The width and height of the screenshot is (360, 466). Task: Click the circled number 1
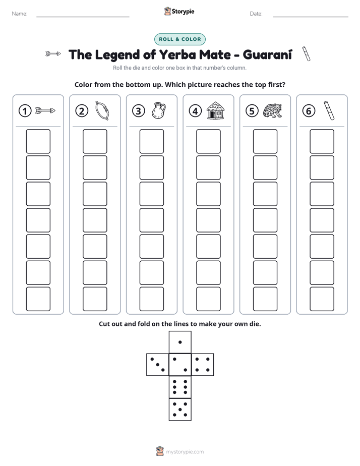[x=25, y=111]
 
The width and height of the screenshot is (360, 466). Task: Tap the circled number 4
[x=195, y=111]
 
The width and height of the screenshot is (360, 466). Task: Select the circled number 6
[x=309, y=111]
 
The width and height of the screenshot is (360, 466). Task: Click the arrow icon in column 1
[x=45, y=111]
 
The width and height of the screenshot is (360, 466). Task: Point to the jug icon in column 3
[x=159, y=111]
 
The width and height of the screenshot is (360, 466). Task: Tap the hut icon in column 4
[x=215, y=110]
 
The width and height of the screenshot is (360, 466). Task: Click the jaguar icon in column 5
[x=272, y=111]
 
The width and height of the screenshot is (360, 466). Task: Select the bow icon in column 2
[x=102, y=111]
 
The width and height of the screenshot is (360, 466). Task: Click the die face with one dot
[x=180, y=342]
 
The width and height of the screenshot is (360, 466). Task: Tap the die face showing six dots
[x=180, y=387]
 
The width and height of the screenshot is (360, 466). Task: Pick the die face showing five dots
[x=180, y=410]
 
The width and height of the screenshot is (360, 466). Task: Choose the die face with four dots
[x=203, y=365]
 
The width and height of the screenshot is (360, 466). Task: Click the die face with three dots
[x=157, y=365]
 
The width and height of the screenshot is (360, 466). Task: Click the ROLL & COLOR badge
[x=180, y=39]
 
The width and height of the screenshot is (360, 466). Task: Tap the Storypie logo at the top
[x=179, y=12]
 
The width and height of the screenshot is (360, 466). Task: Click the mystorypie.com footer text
[x=185, y=452]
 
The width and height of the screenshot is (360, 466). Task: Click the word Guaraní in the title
[x=267, y=54]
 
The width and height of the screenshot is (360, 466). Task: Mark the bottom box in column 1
[x=38, y=299]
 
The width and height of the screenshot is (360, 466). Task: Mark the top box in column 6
[x=322, y=141]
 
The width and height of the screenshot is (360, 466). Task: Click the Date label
[x=256, y=14]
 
